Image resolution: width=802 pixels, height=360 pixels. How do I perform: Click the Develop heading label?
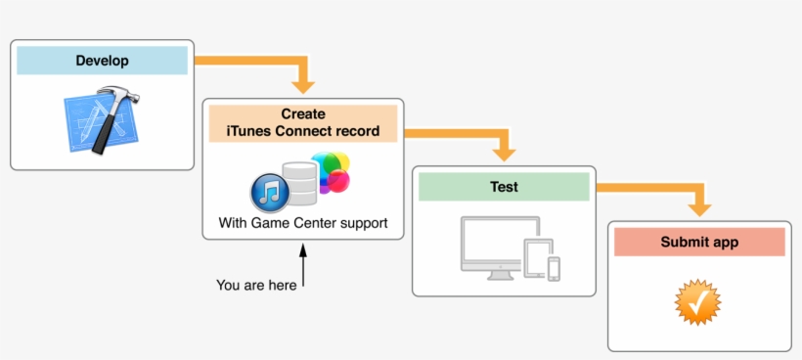point(102,61)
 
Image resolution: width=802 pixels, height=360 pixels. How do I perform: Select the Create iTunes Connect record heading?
point(303,122)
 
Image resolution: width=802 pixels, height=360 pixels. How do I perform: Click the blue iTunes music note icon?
point(269,191)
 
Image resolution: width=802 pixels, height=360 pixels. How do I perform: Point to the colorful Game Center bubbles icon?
point(331,173)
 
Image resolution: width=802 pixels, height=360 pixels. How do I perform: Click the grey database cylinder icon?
point(300,185)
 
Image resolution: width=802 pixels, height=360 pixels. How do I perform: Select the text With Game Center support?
point(303,224)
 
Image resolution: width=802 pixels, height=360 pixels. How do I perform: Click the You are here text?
point(256,286)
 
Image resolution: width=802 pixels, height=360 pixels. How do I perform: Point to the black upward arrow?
point(303,265)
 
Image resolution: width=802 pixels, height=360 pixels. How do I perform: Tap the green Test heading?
point(504,187)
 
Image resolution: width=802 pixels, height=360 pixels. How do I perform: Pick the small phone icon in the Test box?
point(555,269)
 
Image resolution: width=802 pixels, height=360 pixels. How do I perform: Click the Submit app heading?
point(699,242)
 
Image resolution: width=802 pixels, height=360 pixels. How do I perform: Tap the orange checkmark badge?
point(699,302)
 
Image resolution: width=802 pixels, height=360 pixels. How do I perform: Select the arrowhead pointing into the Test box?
point(504,154)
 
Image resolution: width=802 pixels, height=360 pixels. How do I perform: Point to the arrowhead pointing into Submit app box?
point(699,207)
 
